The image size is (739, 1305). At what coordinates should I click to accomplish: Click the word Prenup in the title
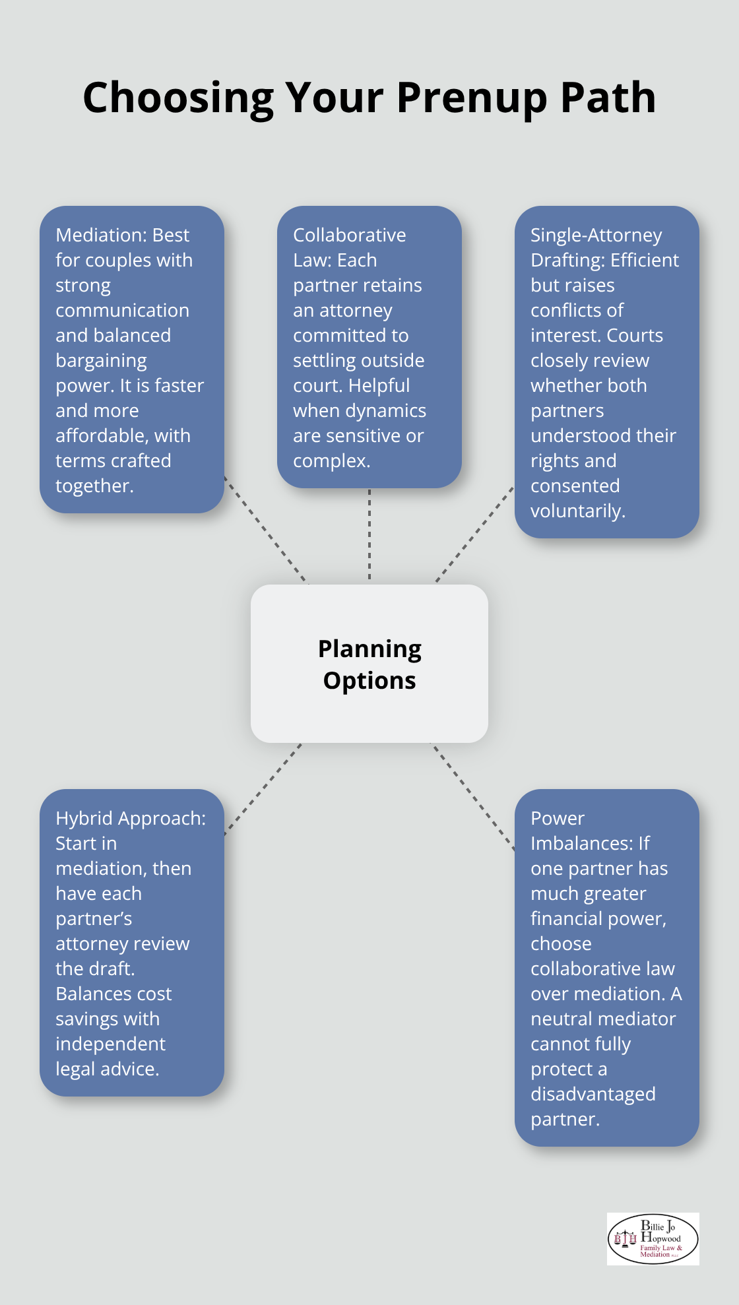coord(472,98)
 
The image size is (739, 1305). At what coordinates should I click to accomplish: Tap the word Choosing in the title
coord(178,98)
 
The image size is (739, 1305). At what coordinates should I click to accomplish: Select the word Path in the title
coord(608,97)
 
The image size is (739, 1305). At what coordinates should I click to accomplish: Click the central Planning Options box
coord(369,664)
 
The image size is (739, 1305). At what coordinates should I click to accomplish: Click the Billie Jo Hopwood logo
coord(653,1239)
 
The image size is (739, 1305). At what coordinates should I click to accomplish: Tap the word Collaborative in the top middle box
coord(350,235)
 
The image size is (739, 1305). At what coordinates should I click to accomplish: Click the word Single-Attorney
coord(596,236)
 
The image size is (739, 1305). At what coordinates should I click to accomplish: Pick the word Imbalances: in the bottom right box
coord(591,843)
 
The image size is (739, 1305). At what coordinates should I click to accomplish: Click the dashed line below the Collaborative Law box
coord(369,535)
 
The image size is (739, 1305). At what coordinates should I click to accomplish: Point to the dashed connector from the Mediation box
coord(266,530)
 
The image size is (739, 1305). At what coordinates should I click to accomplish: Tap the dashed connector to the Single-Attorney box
coord(475,535)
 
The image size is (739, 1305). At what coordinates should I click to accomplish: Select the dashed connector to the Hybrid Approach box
coord(263,789)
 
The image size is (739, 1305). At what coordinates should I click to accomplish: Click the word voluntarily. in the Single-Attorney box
coord(578,511)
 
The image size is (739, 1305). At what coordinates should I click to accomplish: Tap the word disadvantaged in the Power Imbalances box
coord(593,1094)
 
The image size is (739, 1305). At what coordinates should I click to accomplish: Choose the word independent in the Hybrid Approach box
coord(111,1044)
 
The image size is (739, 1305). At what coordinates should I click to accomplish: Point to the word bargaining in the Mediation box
coord(102,361)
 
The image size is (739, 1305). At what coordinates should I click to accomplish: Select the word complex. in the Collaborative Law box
coord(332,461)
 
